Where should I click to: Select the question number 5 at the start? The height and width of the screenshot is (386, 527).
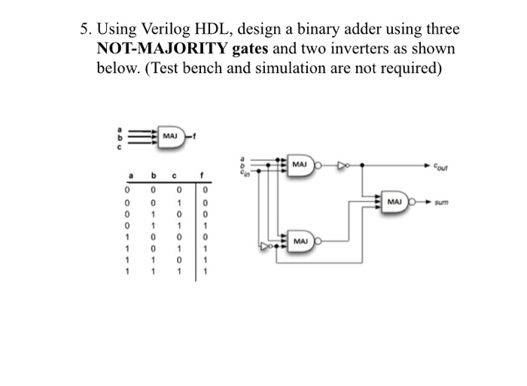tap(85, 30)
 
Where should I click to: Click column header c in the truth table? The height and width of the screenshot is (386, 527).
tap(175, 178)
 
